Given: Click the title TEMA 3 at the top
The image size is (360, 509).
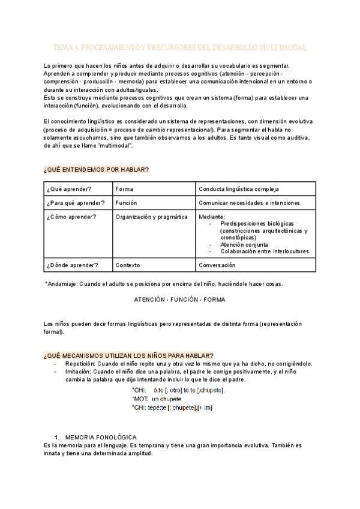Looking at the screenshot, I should click(180, 47).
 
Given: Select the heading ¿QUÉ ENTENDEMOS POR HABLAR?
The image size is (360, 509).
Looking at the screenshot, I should click(97, 170).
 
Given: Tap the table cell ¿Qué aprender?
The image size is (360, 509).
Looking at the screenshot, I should click(69, 189).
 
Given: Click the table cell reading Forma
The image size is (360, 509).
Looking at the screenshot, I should click(125, 189).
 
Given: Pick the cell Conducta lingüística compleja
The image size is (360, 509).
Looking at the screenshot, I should click(238, 189).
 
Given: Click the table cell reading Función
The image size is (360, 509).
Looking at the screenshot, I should click(127, 203).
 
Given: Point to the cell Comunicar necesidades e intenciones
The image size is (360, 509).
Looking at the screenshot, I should click(249, 203).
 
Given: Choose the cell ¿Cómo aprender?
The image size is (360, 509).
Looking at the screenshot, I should click(70, 217).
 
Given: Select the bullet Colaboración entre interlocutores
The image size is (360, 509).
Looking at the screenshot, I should click(265, 251).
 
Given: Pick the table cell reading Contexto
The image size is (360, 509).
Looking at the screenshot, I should click(128, 265).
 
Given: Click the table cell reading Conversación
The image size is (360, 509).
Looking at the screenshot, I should click(217, 265).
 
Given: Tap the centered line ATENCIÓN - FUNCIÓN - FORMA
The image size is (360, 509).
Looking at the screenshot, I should click(180, 298).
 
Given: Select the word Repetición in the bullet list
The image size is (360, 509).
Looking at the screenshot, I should click(80, 364).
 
